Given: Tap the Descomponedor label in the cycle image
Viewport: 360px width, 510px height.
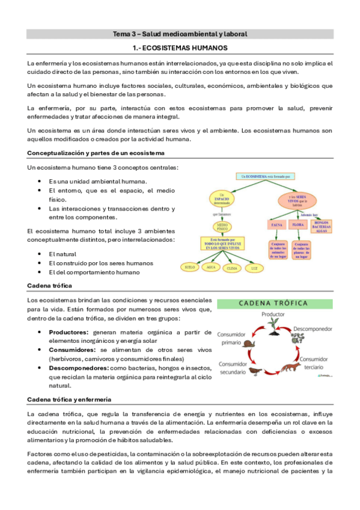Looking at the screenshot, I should click(313, 329).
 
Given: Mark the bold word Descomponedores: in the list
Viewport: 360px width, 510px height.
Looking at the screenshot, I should click(79, 367).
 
